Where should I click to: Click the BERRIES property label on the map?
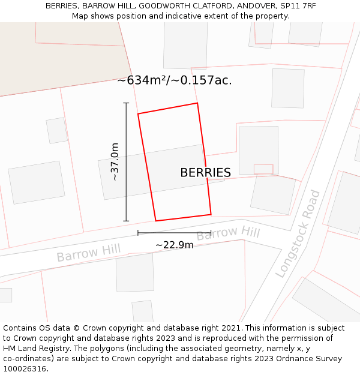pyautogui.click(x=205, y=173)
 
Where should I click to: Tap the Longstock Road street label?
pyautogui.click(x=298, y=234)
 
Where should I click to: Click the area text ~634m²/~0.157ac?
pyautogui.click(x=175, y=80)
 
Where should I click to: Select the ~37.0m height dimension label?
pyautogui.click(x=114, y=161)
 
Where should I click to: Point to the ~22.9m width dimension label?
pyautogui.click(x=175, y=245)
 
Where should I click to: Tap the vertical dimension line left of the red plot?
pyautogui.click(x=126, y=162)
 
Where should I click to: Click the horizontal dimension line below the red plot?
pyautogui.click(x=174, y=233)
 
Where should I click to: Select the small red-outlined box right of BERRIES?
pyautogui.click(x=263, y=169)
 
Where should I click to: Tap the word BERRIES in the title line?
pyautogui.click(x=61, y=6)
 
